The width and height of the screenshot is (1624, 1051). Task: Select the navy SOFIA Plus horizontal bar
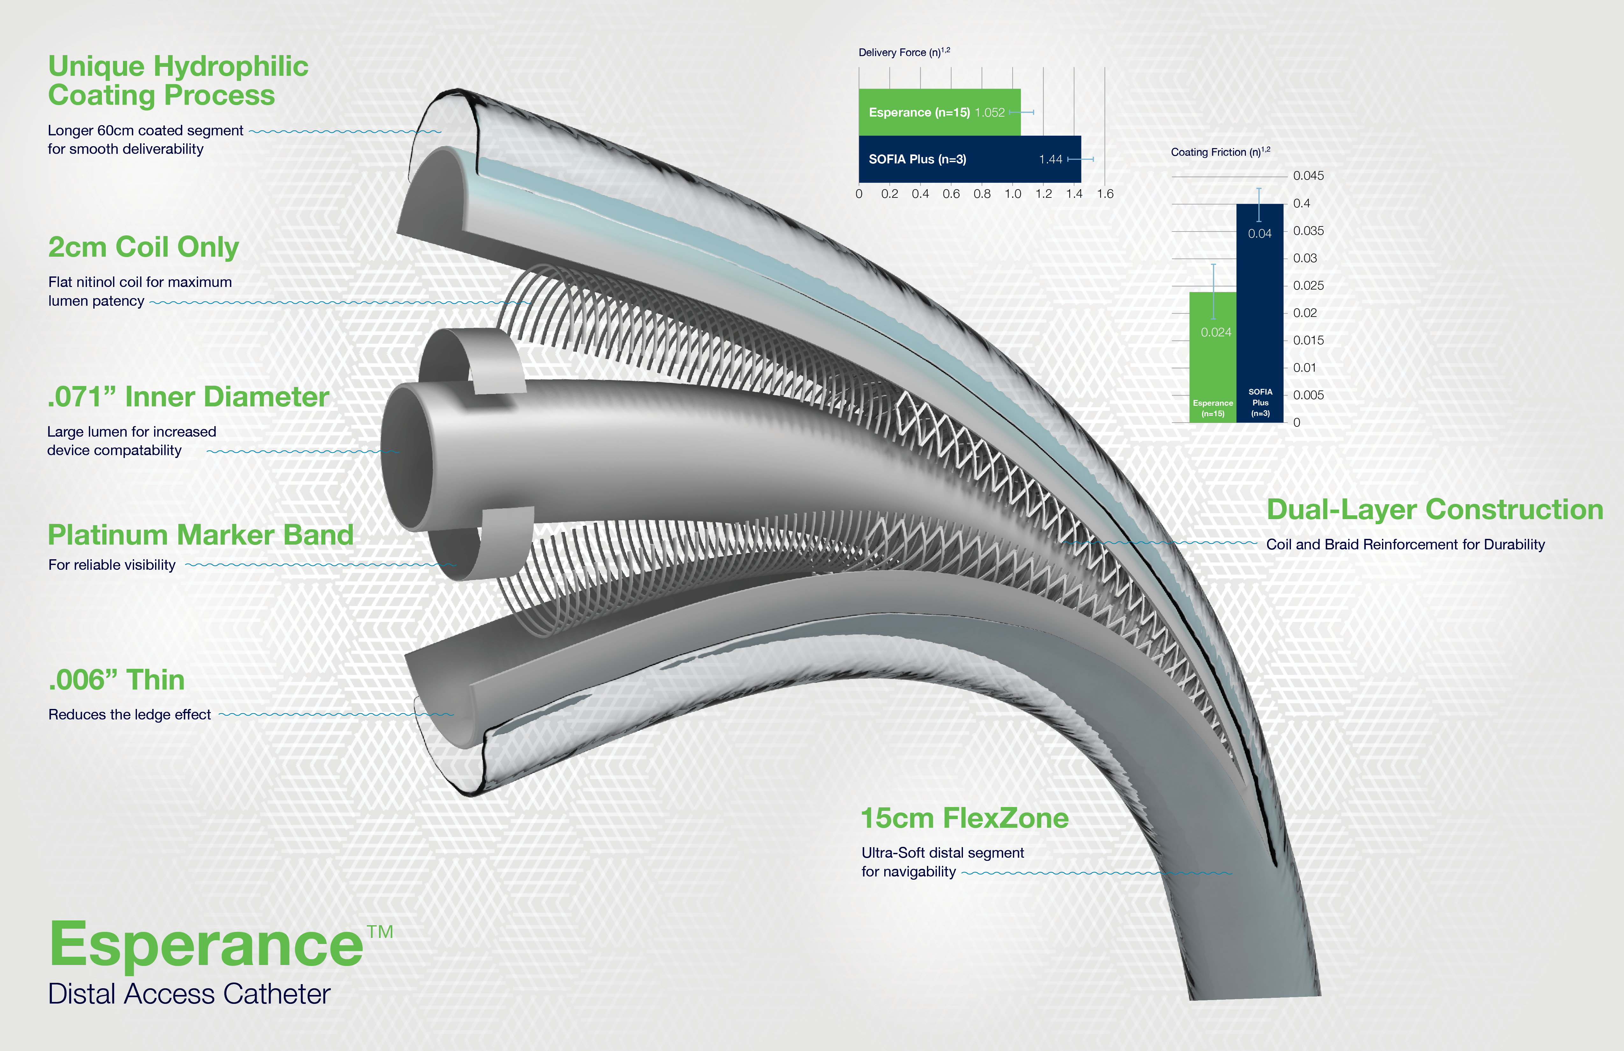(x=970, y=159)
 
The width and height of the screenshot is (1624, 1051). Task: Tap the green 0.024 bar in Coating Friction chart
(x=1213, y=357)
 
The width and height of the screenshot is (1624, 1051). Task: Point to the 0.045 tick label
(x=1308, y=175)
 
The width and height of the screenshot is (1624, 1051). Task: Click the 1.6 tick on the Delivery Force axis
(x=1105, y=194)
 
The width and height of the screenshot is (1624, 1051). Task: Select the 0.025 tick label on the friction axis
(x=1308, y=285)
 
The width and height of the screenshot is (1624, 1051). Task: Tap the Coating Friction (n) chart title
(x=1220, y=152)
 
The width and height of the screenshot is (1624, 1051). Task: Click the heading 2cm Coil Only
(x=143, y=247)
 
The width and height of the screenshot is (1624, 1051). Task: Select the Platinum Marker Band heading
(x=201, y=534)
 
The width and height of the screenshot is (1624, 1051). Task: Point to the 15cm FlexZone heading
(x=964, y=818)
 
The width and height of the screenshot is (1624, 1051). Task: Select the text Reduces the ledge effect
(x=130, y=715)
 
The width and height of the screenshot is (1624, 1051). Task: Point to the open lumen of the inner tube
(x=407, y=456)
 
